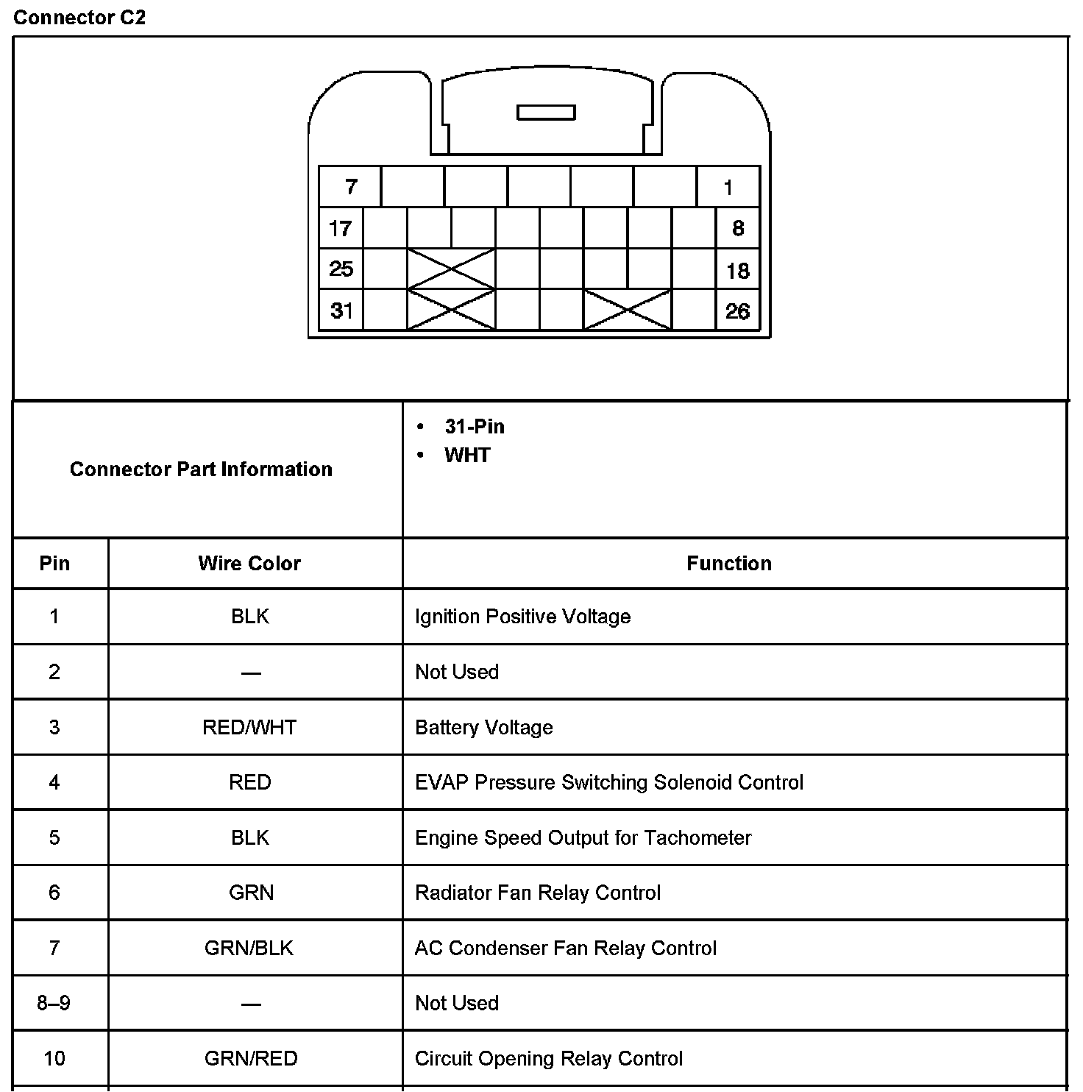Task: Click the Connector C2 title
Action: click(79, 18)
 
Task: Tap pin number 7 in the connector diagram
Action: click(351, 187)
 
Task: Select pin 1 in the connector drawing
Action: click(728, 188)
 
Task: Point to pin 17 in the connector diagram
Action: click(341, 229)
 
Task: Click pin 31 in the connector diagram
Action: click(341, 311)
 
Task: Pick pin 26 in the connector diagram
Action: click(737, 311)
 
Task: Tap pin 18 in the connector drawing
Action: click(737, 271)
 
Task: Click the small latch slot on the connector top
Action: click(546, 113)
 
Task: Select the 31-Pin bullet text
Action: click(475, 427)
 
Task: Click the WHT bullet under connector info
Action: click(467, 455)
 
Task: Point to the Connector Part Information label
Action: click(201, 469)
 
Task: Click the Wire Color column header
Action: click(249, 564)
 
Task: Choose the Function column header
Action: click(728, 564)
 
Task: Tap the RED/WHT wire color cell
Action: click(249, 728)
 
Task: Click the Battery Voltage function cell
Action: click(483, 728)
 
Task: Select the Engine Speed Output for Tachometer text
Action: click(583, 838)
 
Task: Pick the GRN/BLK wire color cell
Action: click(249, 948)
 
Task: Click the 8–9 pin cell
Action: click(54, 1003)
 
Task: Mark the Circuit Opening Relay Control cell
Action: click(548, 1059)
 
